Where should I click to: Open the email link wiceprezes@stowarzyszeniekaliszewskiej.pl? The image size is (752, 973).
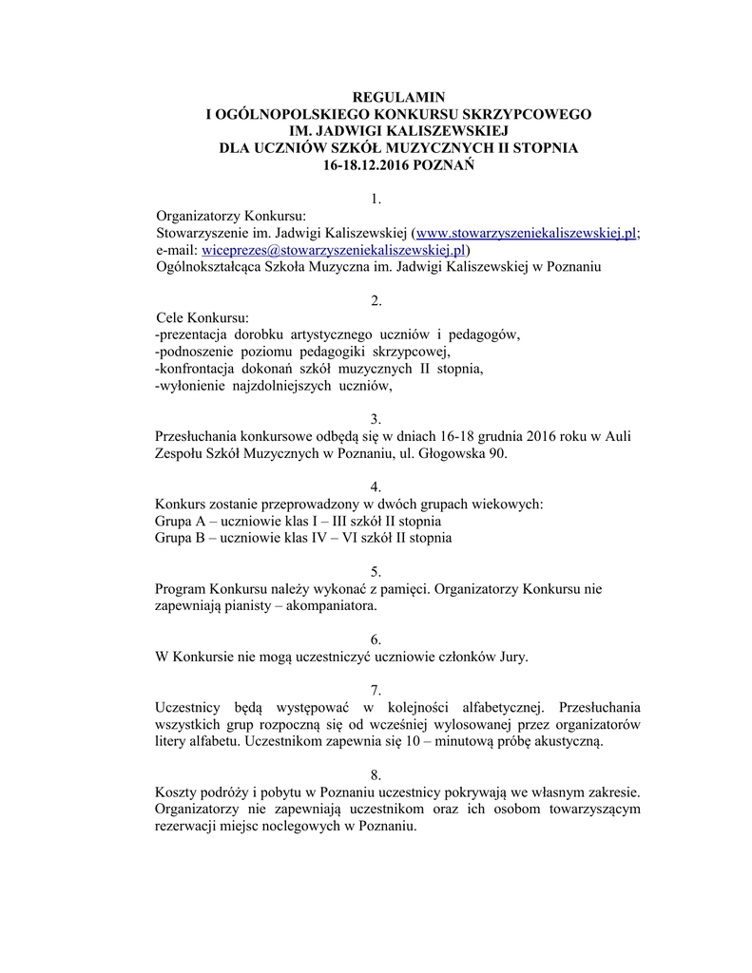point(334,250)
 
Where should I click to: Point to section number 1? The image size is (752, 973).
point(376,200)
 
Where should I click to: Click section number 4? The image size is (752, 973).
point(376,486)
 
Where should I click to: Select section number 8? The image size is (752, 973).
point(376,775)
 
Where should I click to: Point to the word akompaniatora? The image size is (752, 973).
point(328,605)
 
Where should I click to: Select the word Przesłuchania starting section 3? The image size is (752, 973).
point(196,436)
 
